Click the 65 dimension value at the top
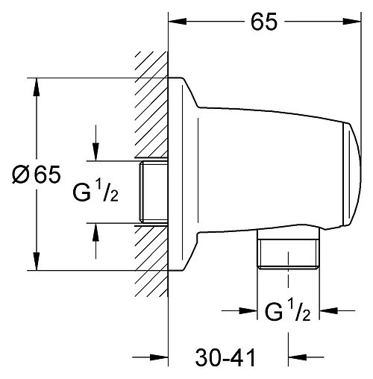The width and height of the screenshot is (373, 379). click(x=264, y=22)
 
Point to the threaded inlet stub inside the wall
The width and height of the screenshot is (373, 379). click(x=152, y=191)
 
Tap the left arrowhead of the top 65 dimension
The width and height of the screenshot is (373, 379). click(x=175, y=22)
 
